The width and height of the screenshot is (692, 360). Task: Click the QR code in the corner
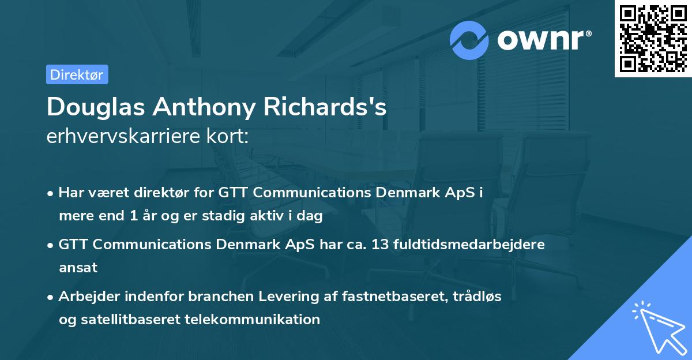pos(653,38)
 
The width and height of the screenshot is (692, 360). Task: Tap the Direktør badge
pos(77,74)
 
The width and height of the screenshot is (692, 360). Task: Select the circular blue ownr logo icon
pos(469,40)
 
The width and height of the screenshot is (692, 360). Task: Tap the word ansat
pos(78,268)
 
